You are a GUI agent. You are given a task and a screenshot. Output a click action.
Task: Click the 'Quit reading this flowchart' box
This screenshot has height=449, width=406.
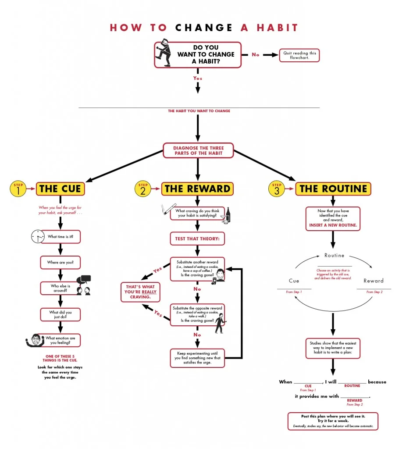point(299,55)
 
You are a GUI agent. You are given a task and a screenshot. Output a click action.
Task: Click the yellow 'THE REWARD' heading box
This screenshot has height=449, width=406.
point(197,189)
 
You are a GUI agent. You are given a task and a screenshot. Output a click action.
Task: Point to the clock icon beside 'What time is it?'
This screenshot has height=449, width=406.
point(38,237)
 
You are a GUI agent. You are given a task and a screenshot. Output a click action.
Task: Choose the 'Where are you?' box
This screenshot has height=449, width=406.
point(61,263)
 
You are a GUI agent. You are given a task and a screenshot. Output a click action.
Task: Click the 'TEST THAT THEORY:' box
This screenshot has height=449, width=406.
point(197,239)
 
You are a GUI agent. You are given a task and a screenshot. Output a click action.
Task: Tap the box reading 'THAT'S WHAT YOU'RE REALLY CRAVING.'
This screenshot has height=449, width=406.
point(140,292)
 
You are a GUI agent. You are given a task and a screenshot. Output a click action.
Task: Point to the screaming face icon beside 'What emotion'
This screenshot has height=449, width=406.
point(34,341)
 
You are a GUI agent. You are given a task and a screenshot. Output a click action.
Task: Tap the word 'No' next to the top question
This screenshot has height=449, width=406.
point(255,55)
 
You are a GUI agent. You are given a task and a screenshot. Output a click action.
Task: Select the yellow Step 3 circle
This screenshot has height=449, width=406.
point(276,189)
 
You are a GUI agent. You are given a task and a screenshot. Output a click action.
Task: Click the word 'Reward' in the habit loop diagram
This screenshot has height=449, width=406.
point(373,281)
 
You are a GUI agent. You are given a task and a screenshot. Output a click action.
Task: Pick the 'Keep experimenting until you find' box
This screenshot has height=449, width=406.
point(197,358)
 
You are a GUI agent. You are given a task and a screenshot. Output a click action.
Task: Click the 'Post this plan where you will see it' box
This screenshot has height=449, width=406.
point(333,421)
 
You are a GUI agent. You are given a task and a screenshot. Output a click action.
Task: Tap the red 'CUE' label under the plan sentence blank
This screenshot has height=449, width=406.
point(308,386)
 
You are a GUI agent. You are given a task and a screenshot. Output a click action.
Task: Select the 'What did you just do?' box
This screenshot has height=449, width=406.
point(61,314)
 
